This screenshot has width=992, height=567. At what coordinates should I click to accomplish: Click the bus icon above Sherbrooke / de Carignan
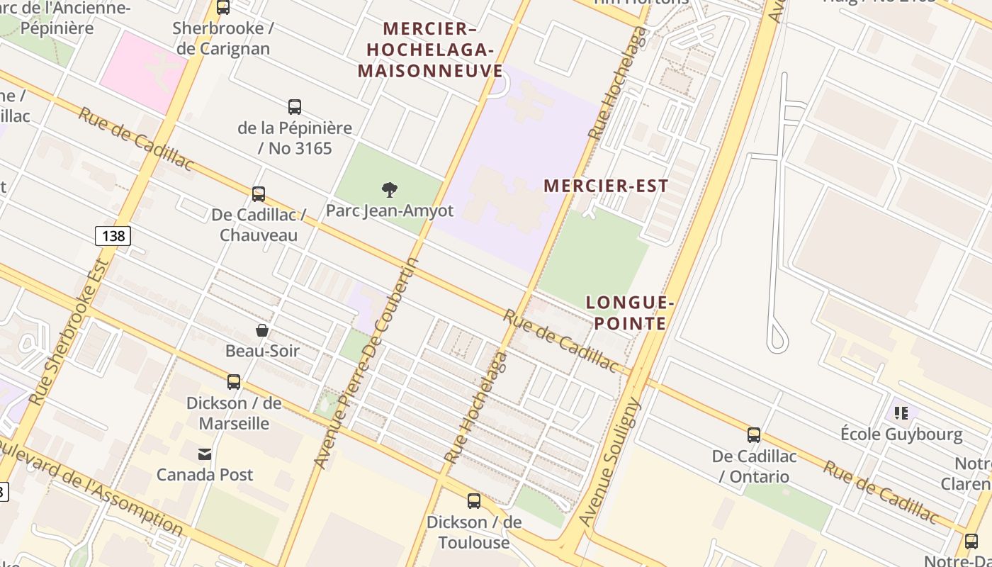pos(223,7)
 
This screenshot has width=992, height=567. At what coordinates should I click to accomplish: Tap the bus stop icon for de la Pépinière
pos(295,107)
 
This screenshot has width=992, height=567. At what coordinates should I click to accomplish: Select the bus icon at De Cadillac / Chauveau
pos(259,193)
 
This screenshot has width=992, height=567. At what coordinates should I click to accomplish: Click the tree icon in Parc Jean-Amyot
pos(389,189)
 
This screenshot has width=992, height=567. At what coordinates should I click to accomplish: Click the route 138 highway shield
pos(113,236)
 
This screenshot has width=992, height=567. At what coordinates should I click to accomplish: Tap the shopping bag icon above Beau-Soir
pos(262,330)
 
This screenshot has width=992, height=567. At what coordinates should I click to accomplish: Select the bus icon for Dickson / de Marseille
pos(234,382)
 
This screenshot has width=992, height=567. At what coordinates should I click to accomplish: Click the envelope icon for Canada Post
pos(205,454)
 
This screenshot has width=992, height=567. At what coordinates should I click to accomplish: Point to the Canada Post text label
pos(205,474)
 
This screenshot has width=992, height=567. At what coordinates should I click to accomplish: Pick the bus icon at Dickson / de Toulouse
pos(474,501)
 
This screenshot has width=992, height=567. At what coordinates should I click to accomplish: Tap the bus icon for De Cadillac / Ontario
pos(754,435)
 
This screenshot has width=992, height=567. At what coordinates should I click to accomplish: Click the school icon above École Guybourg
pos(901,412)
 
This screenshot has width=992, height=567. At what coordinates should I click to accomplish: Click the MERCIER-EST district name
pos(606,186)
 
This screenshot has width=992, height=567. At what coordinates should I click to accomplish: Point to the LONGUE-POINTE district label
pos(630,313)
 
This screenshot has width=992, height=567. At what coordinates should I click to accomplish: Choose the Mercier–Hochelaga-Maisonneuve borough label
pos(430,50)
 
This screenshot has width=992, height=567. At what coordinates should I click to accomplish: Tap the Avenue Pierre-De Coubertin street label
pos(366,363)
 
